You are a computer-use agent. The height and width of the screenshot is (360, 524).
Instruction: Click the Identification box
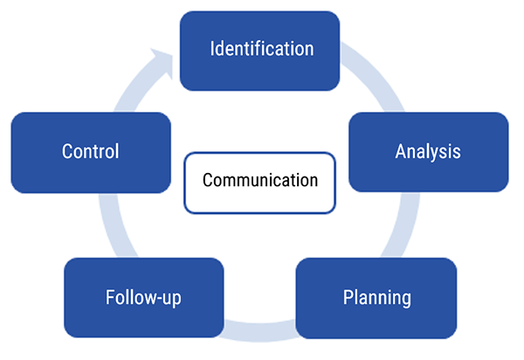(x=259, y=48)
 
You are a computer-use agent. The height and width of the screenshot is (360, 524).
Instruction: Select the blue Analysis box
(x=428, y=151)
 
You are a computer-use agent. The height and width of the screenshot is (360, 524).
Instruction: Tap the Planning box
(x=376, y=297)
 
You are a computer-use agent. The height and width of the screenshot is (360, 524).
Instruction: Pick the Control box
(x=90, y=151)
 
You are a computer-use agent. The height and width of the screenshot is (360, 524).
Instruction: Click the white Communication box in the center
(x=259, y=182)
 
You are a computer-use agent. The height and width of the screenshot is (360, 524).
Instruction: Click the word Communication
(x=259, y=181)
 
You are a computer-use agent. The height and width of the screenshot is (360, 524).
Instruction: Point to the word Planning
(x=376, y=297)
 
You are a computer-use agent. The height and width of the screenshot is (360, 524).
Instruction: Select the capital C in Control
(x=67, y=151)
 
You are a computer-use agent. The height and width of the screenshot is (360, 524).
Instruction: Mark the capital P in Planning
(x=347, y=297)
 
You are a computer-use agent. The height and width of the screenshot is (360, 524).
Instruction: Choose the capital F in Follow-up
(x=109, y=297)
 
